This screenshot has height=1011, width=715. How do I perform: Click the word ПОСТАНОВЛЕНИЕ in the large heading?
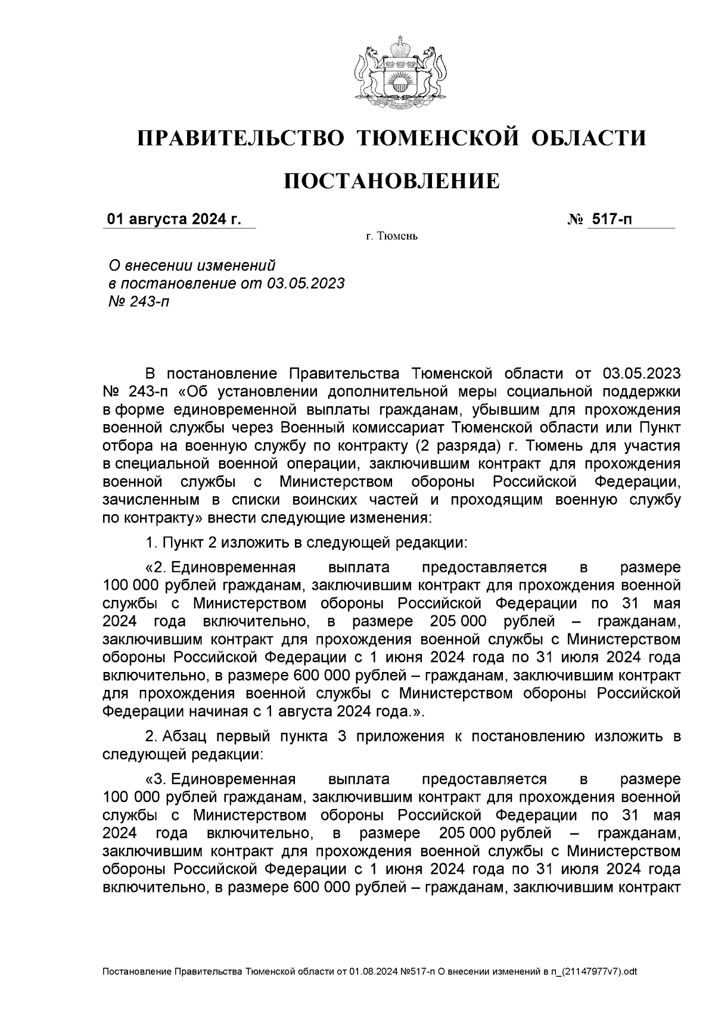click(391, 181)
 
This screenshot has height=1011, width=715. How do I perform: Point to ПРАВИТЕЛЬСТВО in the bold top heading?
click(241, 138)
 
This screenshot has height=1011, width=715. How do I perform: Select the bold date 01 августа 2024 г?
click(174, 220)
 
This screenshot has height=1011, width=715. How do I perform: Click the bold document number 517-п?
click(611, 220)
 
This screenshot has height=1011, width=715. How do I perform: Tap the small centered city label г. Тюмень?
click(391, 237)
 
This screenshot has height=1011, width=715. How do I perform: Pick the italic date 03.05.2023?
click(306, 283)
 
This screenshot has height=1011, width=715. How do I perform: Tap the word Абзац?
click(185, 736)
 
